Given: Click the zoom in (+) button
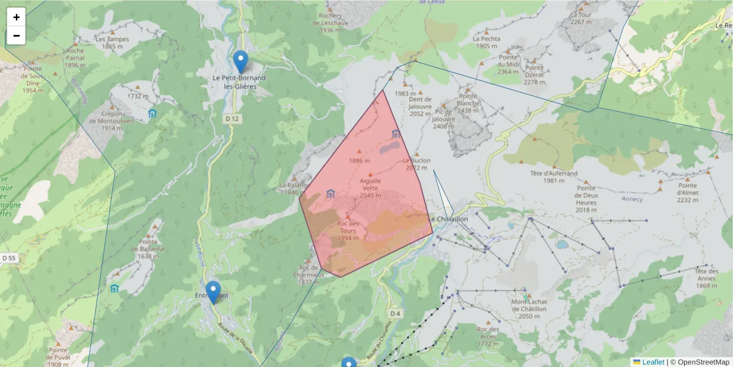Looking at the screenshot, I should (16, 17).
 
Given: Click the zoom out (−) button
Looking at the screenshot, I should (16, 35).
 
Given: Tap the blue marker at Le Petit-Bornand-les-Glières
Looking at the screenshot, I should (241, 61).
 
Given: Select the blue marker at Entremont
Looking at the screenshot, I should (213, 291).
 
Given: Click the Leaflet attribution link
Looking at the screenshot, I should (652, 362).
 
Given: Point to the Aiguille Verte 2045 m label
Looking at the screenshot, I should (371, 188).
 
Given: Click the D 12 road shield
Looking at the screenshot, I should (231, 118).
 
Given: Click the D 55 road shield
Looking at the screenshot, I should (9, 259).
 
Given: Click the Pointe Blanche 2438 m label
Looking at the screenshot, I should (468, 103).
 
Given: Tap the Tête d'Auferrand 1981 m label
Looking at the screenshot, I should (553, 177).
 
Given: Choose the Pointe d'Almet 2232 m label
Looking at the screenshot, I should (687, 193).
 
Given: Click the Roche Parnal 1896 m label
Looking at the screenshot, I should (76, 58).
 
